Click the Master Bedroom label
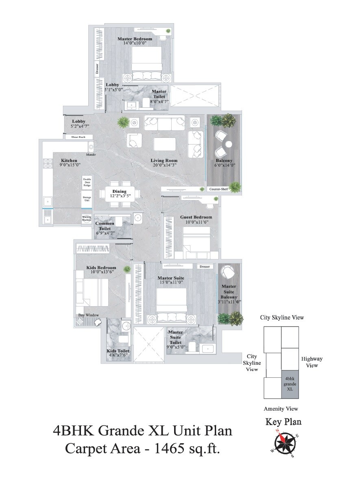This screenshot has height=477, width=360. tap(135, 39)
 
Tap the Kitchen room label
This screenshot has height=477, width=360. tap(69, 161)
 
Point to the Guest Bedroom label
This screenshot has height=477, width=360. tap(196, 217)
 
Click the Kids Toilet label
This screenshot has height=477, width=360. tap(118, 351)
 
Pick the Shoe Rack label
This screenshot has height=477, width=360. tap(79, 137)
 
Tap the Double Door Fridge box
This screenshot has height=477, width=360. tap(87, 182)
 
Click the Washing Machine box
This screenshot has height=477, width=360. tap(87, 218)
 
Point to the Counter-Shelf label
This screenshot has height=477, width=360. tap(219, 189)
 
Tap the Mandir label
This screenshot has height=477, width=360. tap(91, 155)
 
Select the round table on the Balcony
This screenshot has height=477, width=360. tap(228, 144)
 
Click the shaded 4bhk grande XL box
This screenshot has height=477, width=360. tap(290, 384)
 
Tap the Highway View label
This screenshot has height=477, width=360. tap(312, 362)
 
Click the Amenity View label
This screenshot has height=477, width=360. tap(281, 409)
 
